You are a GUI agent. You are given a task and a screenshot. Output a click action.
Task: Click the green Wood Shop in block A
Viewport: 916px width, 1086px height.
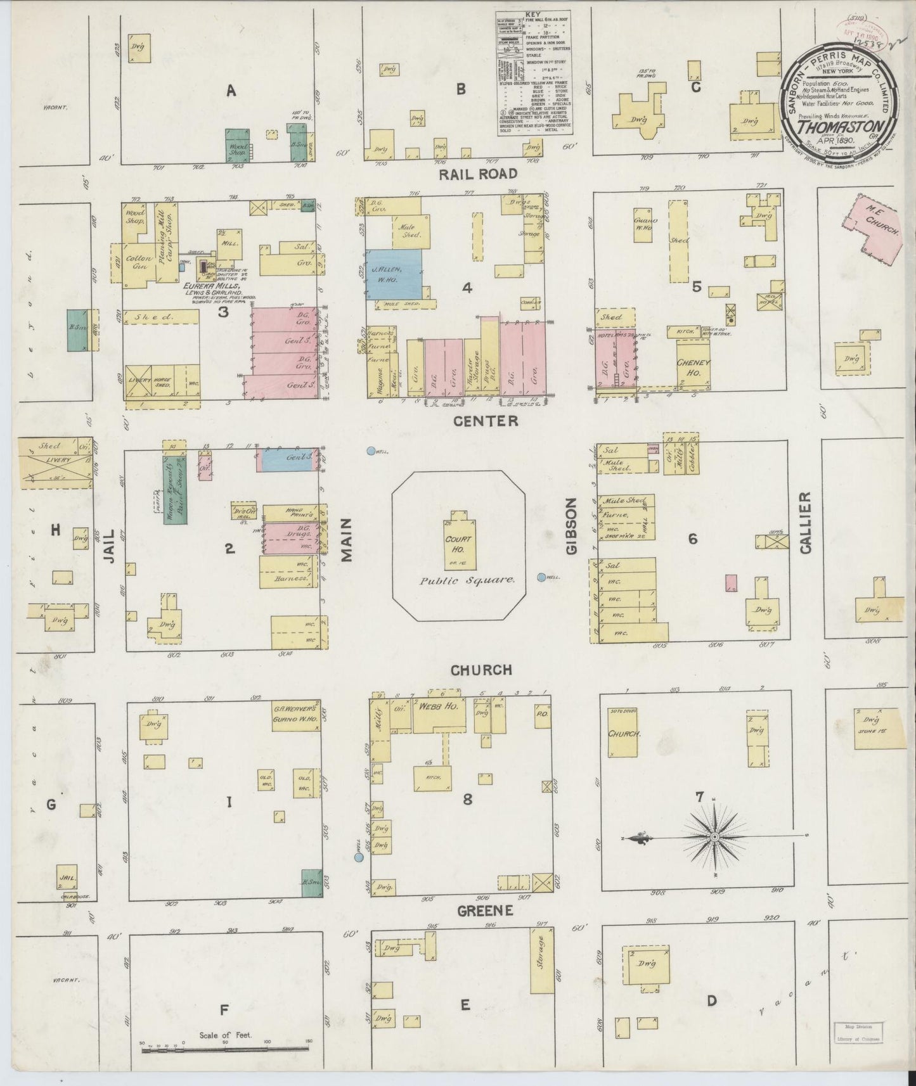(x=238, y=146)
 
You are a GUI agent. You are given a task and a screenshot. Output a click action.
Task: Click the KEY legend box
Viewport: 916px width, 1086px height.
(x=533, y=73)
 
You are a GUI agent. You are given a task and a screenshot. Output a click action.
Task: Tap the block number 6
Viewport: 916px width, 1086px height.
(x=693, y=539)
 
